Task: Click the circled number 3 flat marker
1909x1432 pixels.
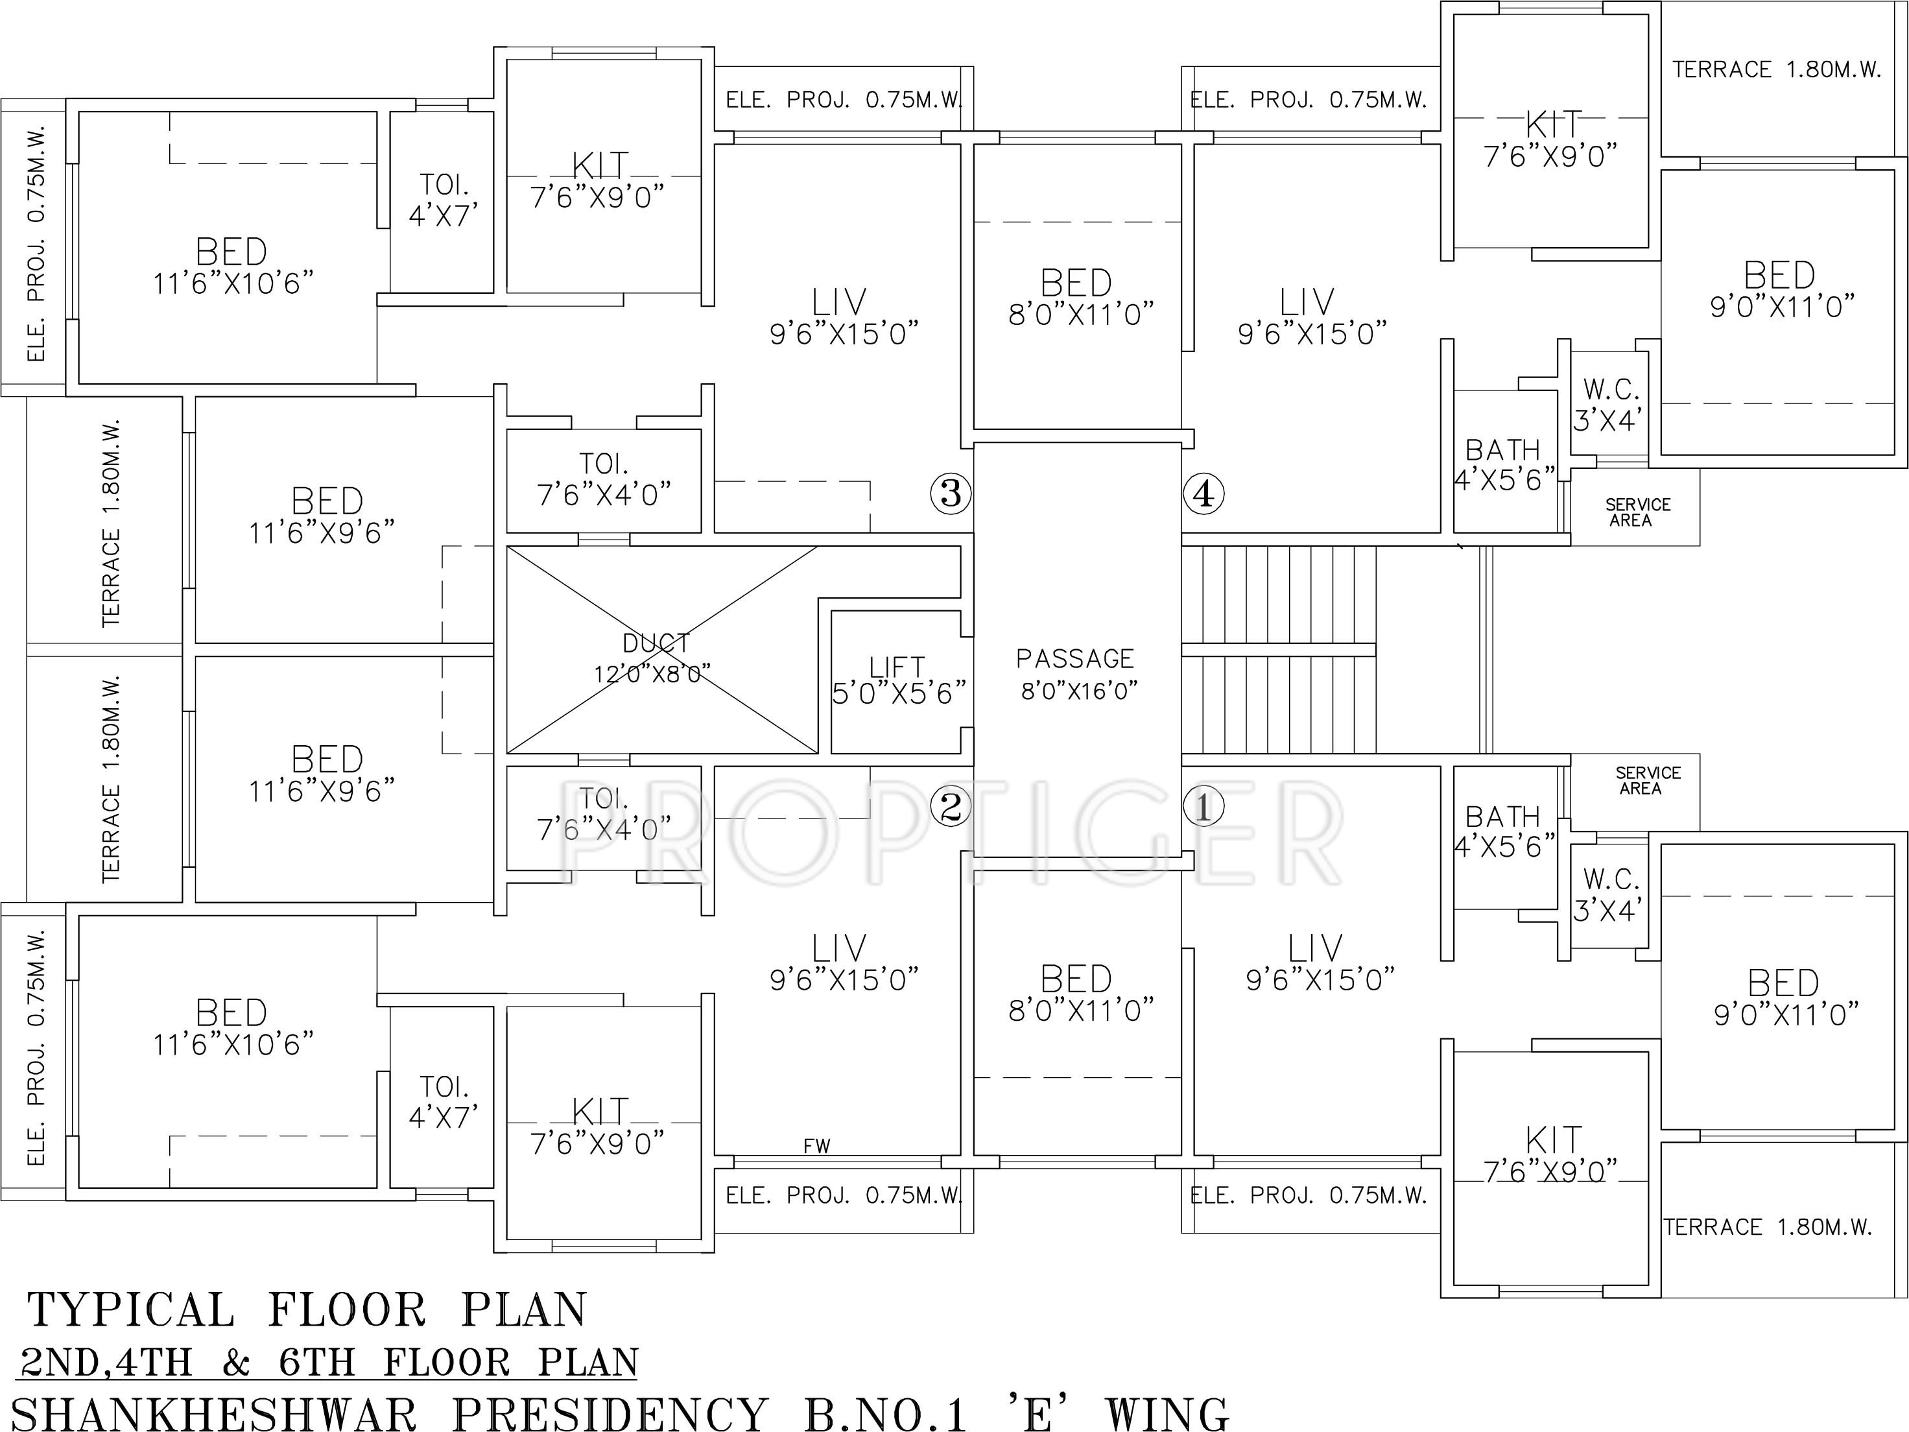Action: pyautogui.click(x=950, y=493)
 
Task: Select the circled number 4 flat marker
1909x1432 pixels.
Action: pyautogui.click(x=1203, y=494)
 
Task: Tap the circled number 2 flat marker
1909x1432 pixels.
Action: pyautogui.click(x=950, y=807)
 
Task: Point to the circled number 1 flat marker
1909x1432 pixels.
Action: pyautogui.click(x=1203, y=807)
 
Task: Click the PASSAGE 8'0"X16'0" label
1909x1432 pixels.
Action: pyautogui.click(x=1076, y=674)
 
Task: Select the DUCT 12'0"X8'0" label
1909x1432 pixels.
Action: pyautogui.click(x=654, y=658)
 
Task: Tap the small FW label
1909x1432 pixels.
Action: pyautogui.click(x=816, y=1146)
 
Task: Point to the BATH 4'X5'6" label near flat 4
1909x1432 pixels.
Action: pyautogui.click(x=1503, y=464)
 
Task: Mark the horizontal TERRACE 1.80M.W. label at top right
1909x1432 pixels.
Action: pyautogui.click(x=1776, y=69)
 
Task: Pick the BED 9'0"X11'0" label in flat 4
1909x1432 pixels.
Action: pyautogui.click(x=1781, y=289)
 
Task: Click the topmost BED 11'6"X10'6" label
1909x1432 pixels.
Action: pyautogui.click(x=231, y=267)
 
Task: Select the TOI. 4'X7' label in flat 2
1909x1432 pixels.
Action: pyautogui.click(x=444, y=1101)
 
